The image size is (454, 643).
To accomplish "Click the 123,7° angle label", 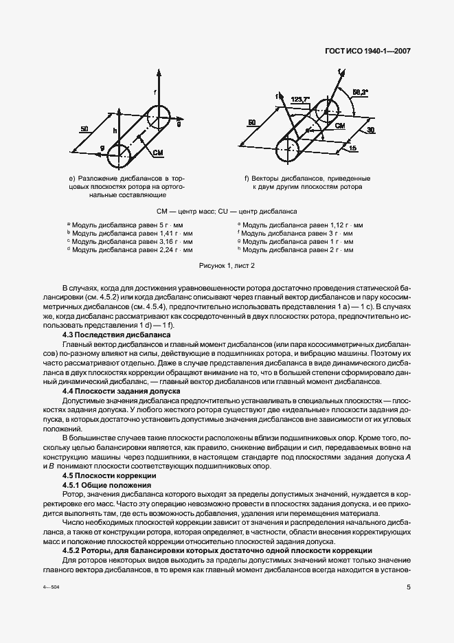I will pyautogui.click(x=300, y=99).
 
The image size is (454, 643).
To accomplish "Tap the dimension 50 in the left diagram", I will pyautogui.click(x=84, y=128).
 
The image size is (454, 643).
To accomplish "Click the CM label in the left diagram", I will pyautogui.click(x=157, y=152).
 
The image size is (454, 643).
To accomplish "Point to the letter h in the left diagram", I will pyautogui.click(x=116, y=129).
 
